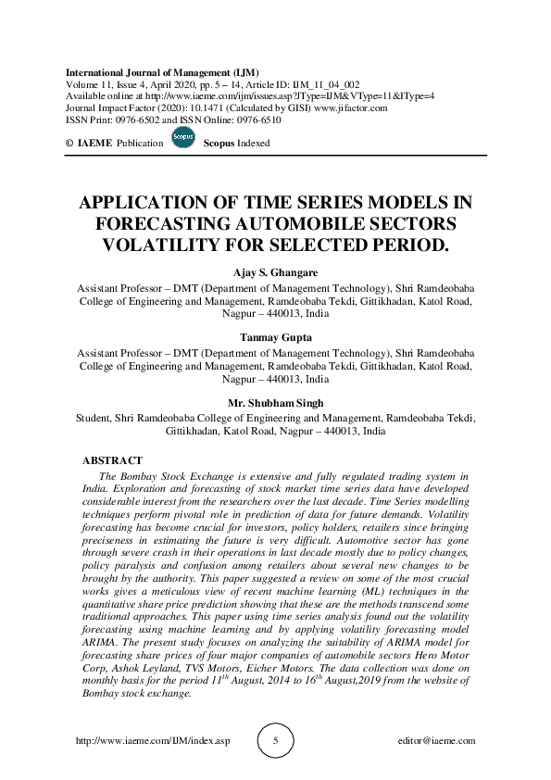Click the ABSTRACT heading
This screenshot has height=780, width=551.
(x=112, y=460)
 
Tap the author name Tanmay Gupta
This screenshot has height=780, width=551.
(x=275, y=339)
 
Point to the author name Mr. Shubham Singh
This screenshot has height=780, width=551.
(x=275, y=404)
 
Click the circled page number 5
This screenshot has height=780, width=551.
(x=275, y=741)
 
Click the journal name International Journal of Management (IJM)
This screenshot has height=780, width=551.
(x=161, y=71)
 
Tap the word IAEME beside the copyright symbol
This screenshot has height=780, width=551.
(x=96, y=145)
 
